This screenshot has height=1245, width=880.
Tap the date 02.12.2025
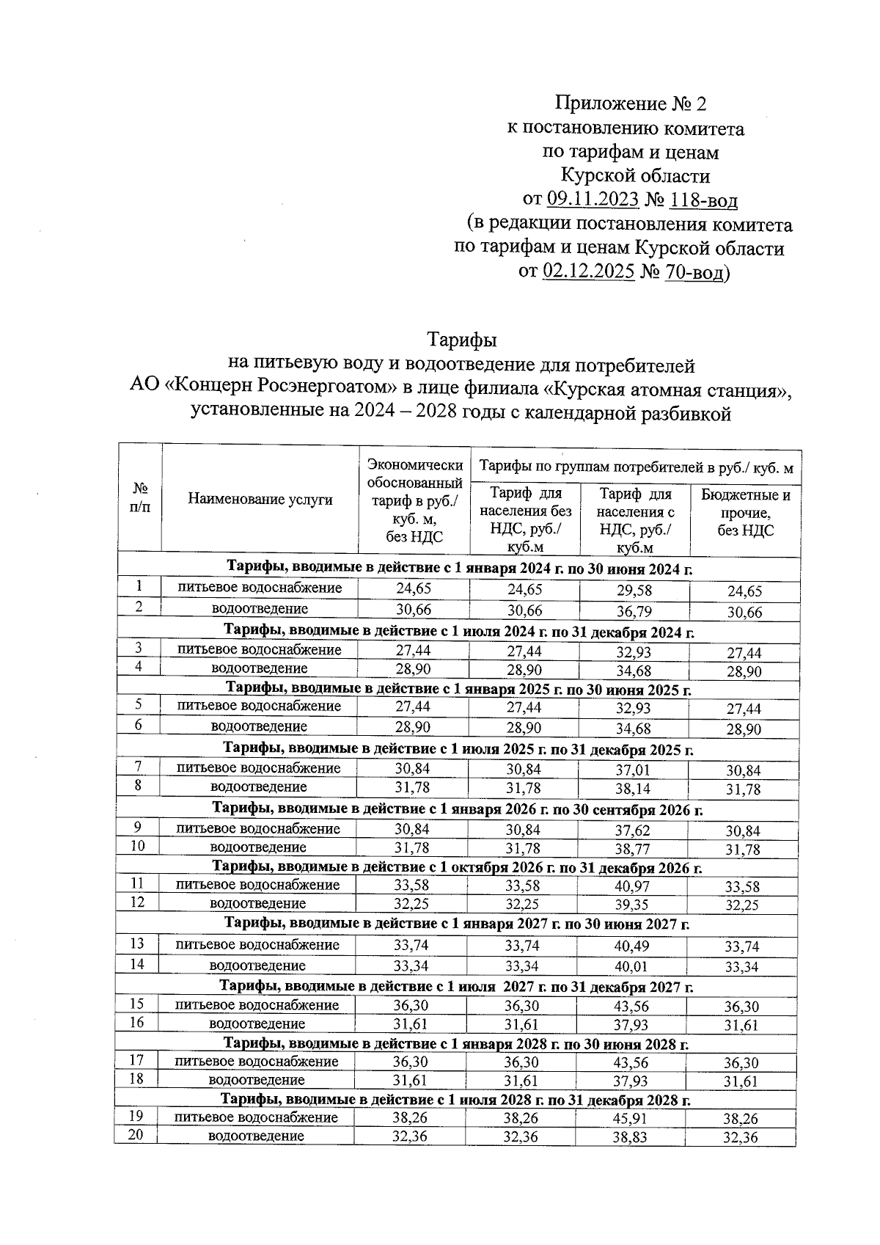click(x=588, y=272)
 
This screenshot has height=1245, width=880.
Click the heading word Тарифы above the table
click(x=462, y=340)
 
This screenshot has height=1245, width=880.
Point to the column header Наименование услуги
click(x=260, y=500)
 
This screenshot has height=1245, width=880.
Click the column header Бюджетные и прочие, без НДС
click(x=745, y=513)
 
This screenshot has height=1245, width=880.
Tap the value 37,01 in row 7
click(x=633, y=770)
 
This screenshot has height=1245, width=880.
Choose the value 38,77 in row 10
click(x=632, y=850)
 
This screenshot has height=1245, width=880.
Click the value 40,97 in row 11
click(x=632, y=887)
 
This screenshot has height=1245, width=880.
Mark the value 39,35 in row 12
click(x=632, y=905)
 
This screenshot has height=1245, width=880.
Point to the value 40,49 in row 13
click(x=631, y=946)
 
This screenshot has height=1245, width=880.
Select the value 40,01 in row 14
click(x=631, y=967)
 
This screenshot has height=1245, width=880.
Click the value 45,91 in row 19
click(x=631, y=1119)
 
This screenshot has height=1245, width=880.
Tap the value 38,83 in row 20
click(x=631, y=1138)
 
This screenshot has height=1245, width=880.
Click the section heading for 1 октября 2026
click(x=457, y=868)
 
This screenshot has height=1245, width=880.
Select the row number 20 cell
click(x=136, y=1136)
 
